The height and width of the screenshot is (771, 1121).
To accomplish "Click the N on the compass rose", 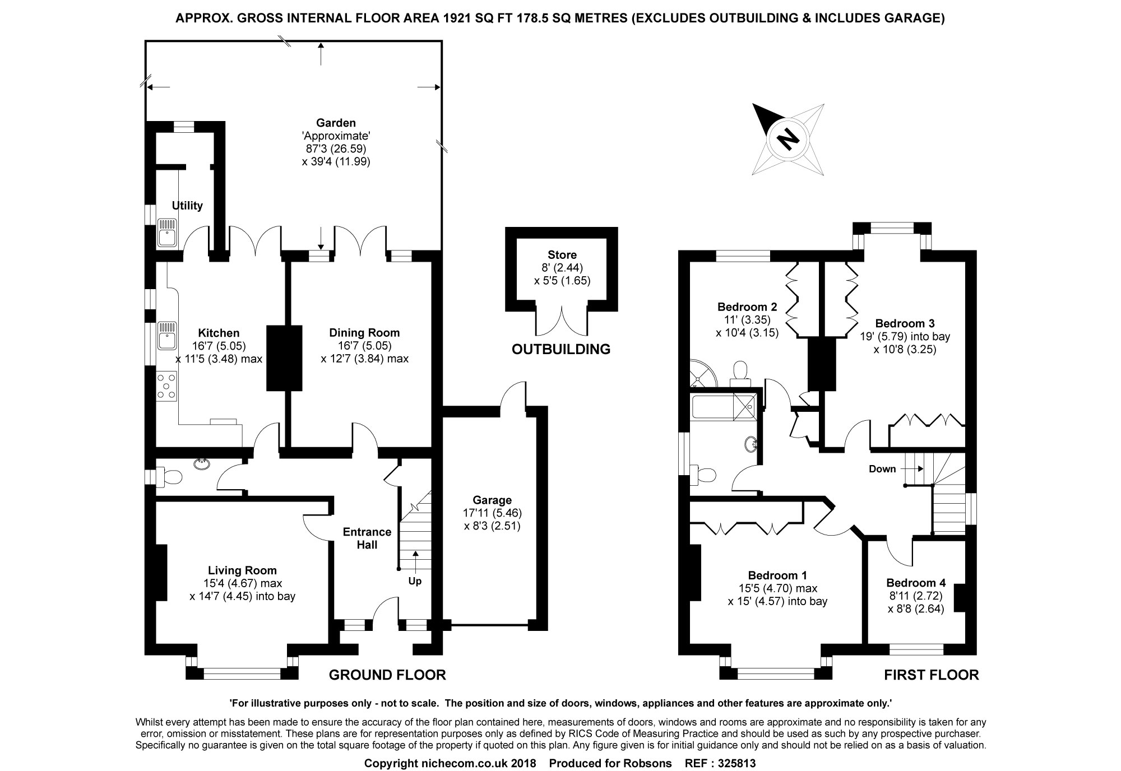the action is pos(788,138).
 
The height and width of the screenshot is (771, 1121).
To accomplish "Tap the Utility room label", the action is pos(187,206).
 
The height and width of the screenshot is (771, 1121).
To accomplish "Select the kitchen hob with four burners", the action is pos(167,387).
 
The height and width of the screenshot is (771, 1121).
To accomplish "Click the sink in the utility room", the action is pos(167,231).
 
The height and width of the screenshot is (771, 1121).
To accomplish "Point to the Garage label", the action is pos(492,500).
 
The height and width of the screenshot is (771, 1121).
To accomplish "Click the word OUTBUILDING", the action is pos(560,349).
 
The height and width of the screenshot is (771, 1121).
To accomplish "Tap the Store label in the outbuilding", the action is pos(562,255).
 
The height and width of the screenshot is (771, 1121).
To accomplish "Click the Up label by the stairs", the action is pos(415,581).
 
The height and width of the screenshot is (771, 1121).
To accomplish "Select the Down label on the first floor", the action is pos(882,469).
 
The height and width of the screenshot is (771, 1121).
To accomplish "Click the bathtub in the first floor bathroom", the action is pos(712,406).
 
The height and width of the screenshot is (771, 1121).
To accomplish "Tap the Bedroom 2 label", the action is pos(747,307).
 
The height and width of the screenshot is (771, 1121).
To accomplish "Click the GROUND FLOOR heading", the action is pos(387,675).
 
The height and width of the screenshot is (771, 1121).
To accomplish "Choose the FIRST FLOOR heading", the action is pos(932,675).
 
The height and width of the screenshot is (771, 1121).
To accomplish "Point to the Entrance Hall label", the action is pos(367,538).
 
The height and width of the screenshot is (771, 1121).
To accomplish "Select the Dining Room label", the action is pos(364,333).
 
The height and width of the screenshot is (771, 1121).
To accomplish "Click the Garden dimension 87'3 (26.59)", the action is pos(336,148).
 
